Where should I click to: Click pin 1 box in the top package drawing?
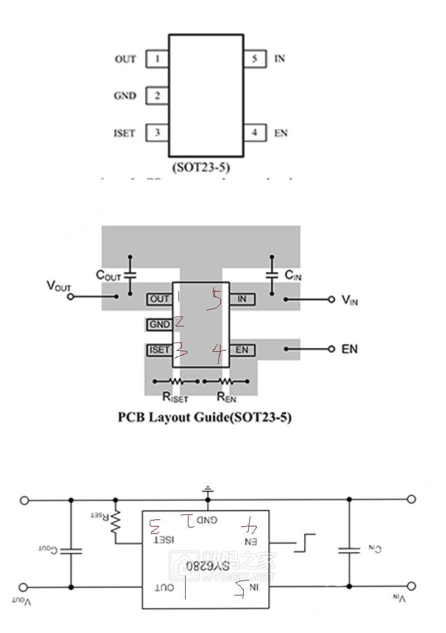tap(158, 59)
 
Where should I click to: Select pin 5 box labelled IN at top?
tap(254, 59)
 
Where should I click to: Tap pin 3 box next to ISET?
tap(158, 133)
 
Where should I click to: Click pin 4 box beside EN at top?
tap(254, 133)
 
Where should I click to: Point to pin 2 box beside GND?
tap(158, 96)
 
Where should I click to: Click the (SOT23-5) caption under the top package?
tap(206, 167)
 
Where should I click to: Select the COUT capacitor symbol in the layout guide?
tap(130, 275)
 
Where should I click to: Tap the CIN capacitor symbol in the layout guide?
tap(271, 275)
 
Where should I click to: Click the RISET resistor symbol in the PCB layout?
tap(176, 381)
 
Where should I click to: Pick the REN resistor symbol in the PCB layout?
tap(225, 381)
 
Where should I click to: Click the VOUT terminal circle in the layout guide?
tap(71, 297)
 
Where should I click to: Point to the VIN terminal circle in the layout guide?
tap(331, 299)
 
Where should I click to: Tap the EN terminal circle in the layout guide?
tap(331, 349)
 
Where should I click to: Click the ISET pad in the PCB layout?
tap(159, 350)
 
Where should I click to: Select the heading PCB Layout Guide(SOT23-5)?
tap(204, 417)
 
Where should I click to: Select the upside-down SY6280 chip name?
tap(207, 567)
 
